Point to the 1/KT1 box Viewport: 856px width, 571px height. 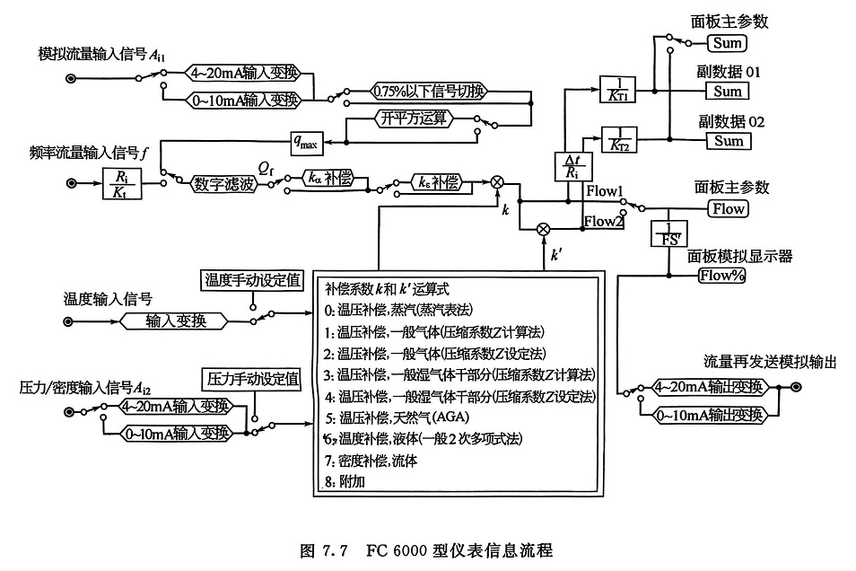[x=617, y=90]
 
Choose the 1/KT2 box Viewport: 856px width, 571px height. [x=617, y=139]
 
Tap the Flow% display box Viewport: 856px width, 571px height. [x=724, y=275]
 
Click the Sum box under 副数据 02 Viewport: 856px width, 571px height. [x=729, y=141]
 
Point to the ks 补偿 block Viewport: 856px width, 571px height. [x=440, y=183]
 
